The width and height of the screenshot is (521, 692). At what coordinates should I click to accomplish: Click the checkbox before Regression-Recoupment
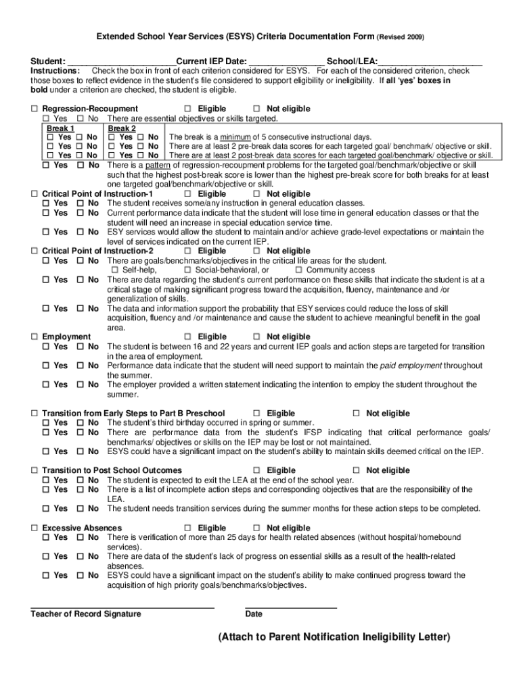35,109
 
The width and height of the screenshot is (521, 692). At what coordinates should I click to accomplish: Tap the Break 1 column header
60,128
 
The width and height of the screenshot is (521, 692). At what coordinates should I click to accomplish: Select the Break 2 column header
122,128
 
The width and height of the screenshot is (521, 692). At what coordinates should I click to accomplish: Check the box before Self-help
114,270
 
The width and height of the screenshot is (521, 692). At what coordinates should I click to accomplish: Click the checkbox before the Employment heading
35,337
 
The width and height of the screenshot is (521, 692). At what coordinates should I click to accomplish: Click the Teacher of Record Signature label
86,614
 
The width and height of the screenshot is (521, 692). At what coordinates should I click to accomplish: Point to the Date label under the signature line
254,614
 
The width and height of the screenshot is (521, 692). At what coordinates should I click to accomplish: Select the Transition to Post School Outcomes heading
112,470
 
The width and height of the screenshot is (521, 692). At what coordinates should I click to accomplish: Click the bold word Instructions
58,71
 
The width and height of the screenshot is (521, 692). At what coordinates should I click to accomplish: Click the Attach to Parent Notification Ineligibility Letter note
334,637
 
